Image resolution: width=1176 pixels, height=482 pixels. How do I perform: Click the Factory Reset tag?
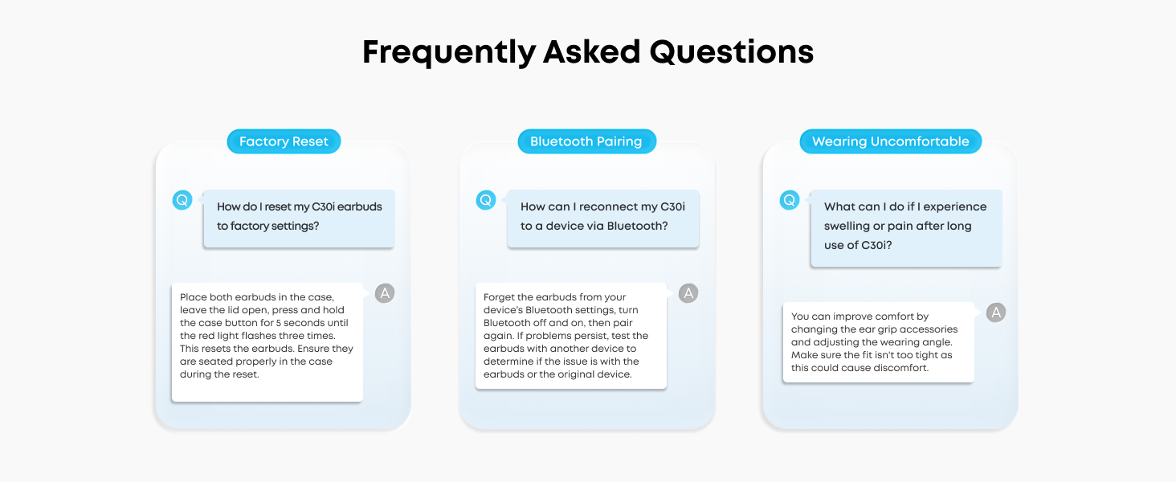(x=284, y=142)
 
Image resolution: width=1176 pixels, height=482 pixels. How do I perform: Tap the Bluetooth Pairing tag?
(x=586, y=142)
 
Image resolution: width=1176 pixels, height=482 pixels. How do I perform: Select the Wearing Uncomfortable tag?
(x=890, y=142)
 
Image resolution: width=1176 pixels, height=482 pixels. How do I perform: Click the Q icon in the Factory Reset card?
(x=182, y=200)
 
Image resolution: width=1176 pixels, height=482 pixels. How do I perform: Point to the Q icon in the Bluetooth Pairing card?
(x=486, y=200)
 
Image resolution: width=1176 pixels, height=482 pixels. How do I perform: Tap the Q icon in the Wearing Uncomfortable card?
(x=790, y=200)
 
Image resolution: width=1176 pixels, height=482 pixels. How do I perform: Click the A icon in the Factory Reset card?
(x=385, y=293)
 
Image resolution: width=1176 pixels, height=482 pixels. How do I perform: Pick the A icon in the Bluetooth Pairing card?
(x=688, y=293)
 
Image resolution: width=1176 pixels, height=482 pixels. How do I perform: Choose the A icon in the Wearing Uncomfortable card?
(x=996, y=312)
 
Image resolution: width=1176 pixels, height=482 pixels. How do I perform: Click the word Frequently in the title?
(x=448, y=52)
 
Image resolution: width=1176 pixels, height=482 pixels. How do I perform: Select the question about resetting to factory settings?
(x=299, y=217)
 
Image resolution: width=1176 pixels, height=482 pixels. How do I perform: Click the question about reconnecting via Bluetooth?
(x=602, y=217)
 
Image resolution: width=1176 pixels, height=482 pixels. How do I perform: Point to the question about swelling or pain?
(x=905, y=227)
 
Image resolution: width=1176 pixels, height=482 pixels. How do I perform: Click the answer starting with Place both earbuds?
(x=267, y=336)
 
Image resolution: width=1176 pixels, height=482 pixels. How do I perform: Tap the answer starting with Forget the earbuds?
(x=570, y=336)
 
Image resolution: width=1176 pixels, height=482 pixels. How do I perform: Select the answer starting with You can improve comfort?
(x=878, y=342)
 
